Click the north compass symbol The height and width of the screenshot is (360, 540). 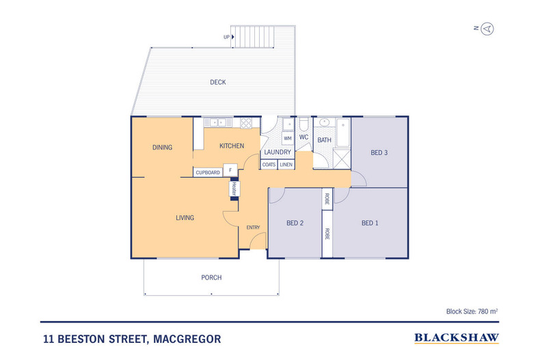pos(487,28)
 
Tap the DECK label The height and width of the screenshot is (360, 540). pos(217,83)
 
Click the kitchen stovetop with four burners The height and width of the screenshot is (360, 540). pos(245,123)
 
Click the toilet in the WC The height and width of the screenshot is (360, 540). pos(304,125)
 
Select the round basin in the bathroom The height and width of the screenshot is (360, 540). pos(323,124)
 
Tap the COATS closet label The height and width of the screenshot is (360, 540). pos(269,165)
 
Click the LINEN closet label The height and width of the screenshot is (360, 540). pos(286,165)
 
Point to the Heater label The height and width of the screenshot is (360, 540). pos(233,189)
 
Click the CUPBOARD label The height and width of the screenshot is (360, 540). pos(208,173)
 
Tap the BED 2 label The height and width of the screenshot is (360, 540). pos(295,223)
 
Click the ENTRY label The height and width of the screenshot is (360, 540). pos(253,227)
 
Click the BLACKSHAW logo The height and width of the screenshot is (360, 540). pos(457,337)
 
